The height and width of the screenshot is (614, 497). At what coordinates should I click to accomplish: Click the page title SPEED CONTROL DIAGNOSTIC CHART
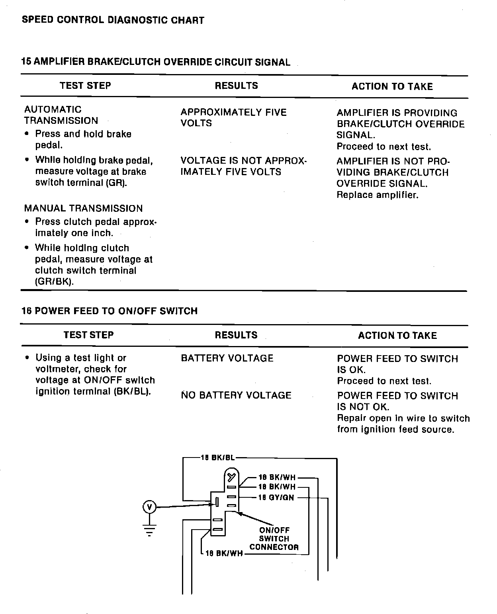click(x=113, y=20)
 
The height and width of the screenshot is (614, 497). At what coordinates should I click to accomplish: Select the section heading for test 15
click(x=156, y=62)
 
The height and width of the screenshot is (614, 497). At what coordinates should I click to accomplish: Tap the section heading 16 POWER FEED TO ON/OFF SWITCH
click(x=110, y=311)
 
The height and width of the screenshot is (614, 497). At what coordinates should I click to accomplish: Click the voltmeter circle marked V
click(x=149, y=507)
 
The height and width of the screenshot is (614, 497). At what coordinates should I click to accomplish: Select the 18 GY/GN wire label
click(x=276, y=498)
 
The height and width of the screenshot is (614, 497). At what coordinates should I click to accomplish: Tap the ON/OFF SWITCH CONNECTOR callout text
click(x=274, y=539)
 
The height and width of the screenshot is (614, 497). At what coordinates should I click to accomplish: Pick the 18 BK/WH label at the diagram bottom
click(x=224, y=553)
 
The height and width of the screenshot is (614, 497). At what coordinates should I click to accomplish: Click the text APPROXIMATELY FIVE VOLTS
click(x=233, y=118)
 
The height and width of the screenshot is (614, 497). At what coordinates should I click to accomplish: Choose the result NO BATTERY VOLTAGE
click(x=236, y=395)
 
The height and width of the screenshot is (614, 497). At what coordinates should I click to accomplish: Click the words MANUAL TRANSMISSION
click(x=83, y=209)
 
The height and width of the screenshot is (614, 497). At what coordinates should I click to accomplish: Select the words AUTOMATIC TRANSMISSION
click(x=61, y=115)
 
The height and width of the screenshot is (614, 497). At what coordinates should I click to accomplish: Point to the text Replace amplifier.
click(x=378, y=195)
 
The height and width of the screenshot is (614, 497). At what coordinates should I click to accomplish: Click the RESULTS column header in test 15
click(x=236, y=86)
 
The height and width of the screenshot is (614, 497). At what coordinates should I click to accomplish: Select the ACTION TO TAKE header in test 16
click(x=397, y=336)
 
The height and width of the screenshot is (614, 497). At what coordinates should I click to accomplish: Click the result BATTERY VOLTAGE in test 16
click(x=227, y=358)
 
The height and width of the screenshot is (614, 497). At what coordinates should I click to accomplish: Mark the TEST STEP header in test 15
click(x=85, y=86)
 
